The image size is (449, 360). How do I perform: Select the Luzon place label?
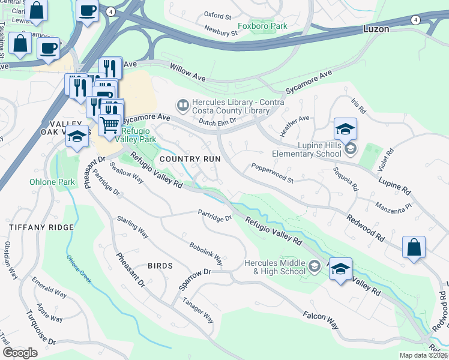click(x=376, y=29)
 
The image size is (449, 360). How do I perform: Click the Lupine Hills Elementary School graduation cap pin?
click(x=345, y=130)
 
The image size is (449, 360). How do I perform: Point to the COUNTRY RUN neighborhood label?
click(x=190, y=159)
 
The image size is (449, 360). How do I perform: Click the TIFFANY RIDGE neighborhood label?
click(x=41, y=227)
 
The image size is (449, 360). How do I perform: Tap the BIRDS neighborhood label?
click(x=160, y=265)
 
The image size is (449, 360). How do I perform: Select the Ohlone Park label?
click(x=52, y=182)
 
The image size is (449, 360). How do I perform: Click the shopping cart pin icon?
click(x=109, y=125)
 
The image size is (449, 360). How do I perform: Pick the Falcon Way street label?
click(x=321, y=320)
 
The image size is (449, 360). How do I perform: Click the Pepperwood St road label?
click(x=272, y=173)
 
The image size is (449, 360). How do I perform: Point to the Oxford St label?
click(x=217, y=15)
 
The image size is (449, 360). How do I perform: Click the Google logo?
click(x=20, y=352)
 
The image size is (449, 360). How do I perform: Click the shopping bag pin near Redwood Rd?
click(x=414, y=247)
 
